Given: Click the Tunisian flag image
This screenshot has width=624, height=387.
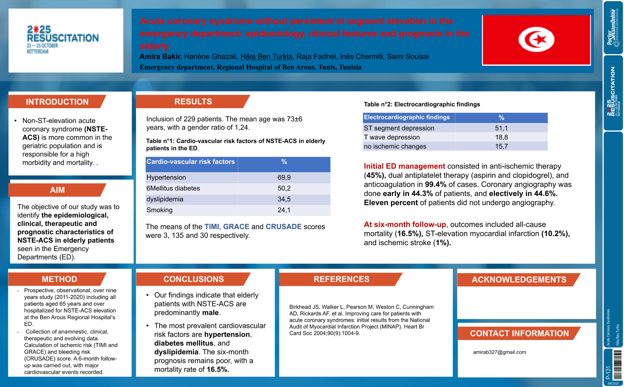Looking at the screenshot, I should click(536, 40).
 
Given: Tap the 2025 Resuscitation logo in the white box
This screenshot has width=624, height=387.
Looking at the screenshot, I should click(63, 40).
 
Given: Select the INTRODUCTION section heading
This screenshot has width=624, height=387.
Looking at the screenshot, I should click(57, 102).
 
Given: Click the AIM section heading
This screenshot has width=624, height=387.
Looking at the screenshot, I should click(57, 190).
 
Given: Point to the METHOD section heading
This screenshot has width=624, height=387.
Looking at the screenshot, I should click(59, 279).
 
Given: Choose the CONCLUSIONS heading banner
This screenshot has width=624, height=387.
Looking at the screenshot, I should click(194, 279).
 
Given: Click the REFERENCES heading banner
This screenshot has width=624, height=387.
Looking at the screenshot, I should click(341, 279).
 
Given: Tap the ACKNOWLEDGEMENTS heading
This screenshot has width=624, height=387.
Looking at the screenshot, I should click(519, 280).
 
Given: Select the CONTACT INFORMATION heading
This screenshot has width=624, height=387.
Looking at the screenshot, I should click(519, 333).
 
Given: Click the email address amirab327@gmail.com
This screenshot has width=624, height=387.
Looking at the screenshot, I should click(499, 352).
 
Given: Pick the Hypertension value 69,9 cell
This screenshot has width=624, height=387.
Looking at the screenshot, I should click(284, 178).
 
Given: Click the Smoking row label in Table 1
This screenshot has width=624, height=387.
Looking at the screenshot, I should click(160, 210).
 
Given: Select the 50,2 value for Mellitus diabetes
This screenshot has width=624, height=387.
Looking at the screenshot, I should click(284, 188).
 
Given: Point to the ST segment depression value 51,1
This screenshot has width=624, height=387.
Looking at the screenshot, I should click(501, 128).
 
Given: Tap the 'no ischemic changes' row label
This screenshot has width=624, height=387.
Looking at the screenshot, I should click(395, 146).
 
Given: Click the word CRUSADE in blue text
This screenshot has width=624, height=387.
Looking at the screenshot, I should click(283, 227).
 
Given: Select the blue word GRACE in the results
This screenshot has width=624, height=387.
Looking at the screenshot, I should click(236, 227).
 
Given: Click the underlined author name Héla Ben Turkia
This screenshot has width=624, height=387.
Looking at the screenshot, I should click(266, 57).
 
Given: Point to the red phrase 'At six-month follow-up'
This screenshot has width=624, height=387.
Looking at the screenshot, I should click(405, 224).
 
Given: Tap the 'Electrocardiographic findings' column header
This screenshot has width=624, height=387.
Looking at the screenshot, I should click(407, 117).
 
